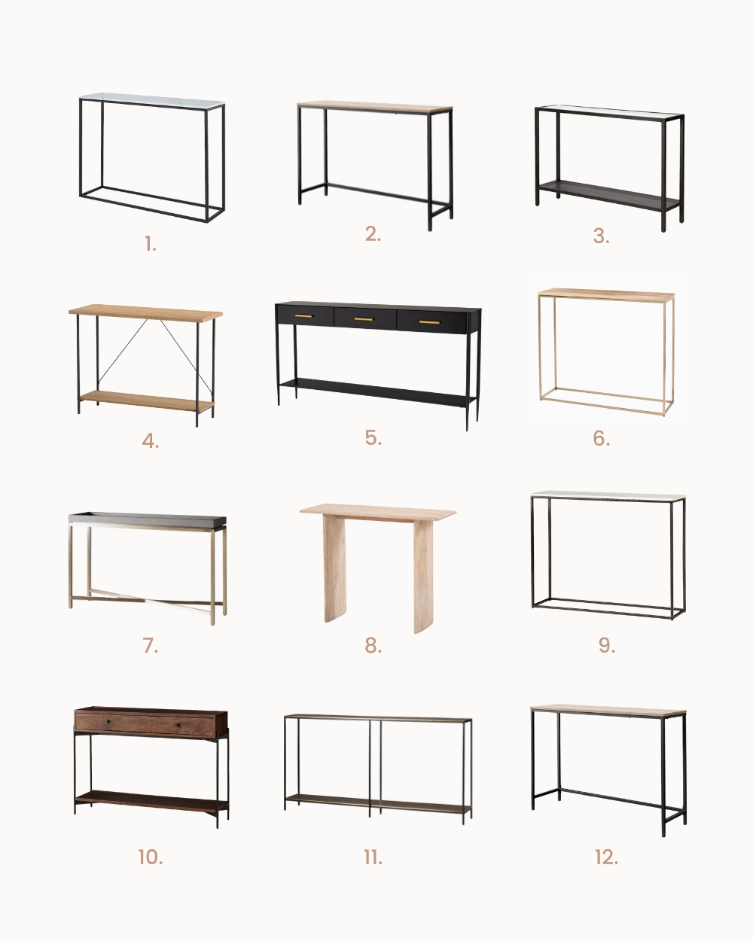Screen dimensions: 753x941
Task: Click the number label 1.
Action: pos(151,244)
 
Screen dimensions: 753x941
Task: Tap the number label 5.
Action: pos(373,437)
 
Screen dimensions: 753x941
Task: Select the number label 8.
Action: pos(373,646)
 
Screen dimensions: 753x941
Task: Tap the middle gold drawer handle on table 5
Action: pos(364,319)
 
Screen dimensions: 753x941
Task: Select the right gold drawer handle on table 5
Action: pos(429,322)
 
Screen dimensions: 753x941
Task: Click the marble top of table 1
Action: pos(152,100)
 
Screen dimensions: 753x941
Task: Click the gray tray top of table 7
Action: pos(147,519)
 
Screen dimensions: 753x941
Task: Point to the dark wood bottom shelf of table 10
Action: pos(151,801)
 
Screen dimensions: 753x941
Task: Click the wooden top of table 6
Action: pos(606,294)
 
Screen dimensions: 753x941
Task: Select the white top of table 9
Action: pos(608,495)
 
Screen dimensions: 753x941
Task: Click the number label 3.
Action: pos(601,236)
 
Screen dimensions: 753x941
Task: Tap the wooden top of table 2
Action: pos(375,107)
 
